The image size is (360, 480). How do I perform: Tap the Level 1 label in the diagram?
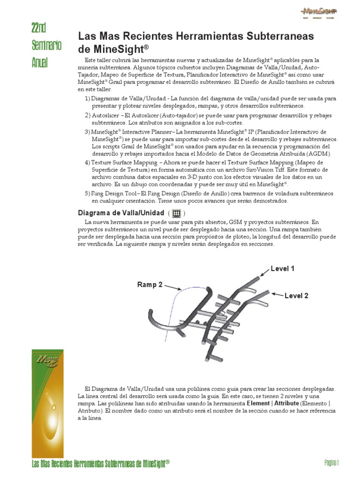pyautogui.click(x=282, y=269)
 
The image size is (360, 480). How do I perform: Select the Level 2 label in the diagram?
pyautogui.click(x=296, y=296)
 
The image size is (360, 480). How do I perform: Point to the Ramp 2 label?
pyautogui.click(x=150, y=285)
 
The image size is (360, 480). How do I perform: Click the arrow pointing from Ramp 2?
pyautogui.click(x=172, y=287)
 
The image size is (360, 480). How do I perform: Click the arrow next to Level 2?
pyautogui.click(x=277, y=295)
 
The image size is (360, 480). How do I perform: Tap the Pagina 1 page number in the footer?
pyautogui.click(x=331, y=463)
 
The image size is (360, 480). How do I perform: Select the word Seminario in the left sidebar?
pyautogui.click(x=46, y=45)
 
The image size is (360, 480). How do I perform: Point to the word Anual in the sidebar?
pyautogui.click(x=40, y=62)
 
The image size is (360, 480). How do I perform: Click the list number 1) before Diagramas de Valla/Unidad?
pyautogui.click(x=87, y=99)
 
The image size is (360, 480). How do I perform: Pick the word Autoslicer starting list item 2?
pyautogui.click(x=105, y=115)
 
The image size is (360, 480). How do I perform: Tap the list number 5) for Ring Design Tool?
pyautogui.click(x=87, y=194)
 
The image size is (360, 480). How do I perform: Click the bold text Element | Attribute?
pyautogui.click(x=273, y=403)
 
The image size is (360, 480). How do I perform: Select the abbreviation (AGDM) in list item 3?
pyautogui.click(x=319, y=154)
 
